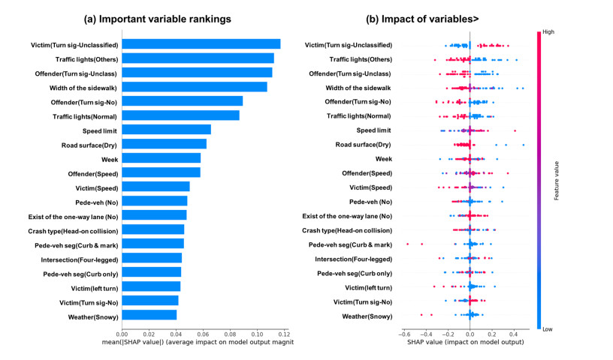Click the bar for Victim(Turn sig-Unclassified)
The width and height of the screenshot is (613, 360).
(201, 44)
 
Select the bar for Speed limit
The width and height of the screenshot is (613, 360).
(166, 130)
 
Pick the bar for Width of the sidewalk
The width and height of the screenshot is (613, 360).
(194, 87)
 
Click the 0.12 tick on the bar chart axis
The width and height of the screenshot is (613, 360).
(283, 334)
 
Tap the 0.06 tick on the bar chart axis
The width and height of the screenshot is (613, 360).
(203, 334)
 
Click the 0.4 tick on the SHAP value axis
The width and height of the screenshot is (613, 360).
(514, 334)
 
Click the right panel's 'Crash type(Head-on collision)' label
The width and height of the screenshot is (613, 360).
(346, 230)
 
